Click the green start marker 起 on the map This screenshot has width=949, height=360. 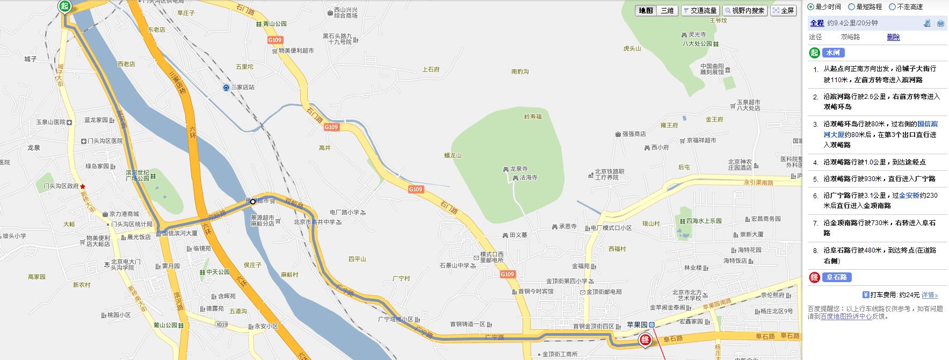point(65,6)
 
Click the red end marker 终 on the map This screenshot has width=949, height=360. point(645,340)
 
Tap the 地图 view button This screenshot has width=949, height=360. point(646,11)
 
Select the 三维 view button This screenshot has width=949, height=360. point(667,11)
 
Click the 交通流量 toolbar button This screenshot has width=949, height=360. point(700,11)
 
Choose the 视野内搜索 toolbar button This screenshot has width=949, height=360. point(744,11)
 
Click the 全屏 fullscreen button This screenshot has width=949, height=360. point(784,11)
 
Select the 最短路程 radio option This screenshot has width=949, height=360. point(866,7)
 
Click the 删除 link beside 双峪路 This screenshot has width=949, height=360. point(893,37)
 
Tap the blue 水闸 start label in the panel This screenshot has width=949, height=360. point(833,53)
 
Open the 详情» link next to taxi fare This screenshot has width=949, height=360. point(930,295)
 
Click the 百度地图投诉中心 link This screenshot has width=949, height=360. point(846,316)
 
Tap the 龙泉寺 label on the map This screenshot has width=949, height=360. point(519,169)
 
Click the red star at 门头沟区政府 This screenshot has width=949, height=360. point(83,186)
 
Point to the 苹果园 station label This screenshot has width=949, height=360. point(637,325)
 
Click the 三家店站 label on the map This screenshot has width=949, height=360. point(243,87)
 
